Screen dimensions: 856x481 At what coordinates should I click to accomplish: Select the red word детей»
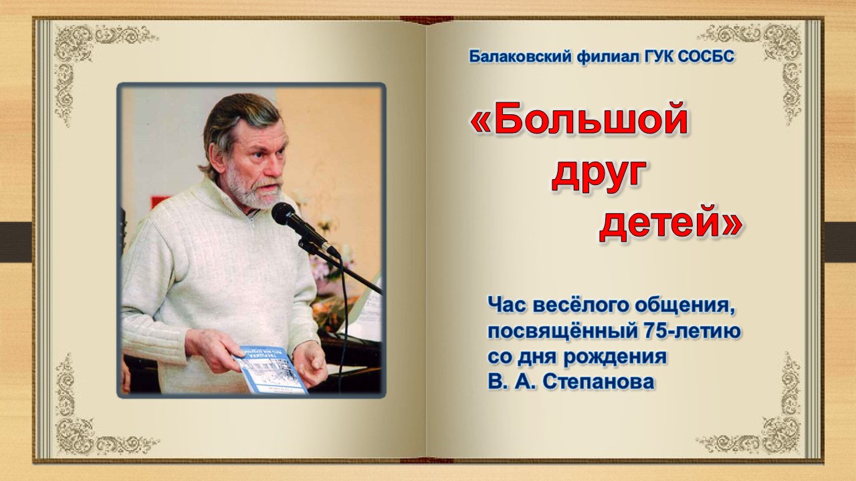click(x=671, y=222)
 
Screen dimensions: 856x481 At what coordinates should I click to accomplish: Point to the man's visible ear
click(x=218, y=158)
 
